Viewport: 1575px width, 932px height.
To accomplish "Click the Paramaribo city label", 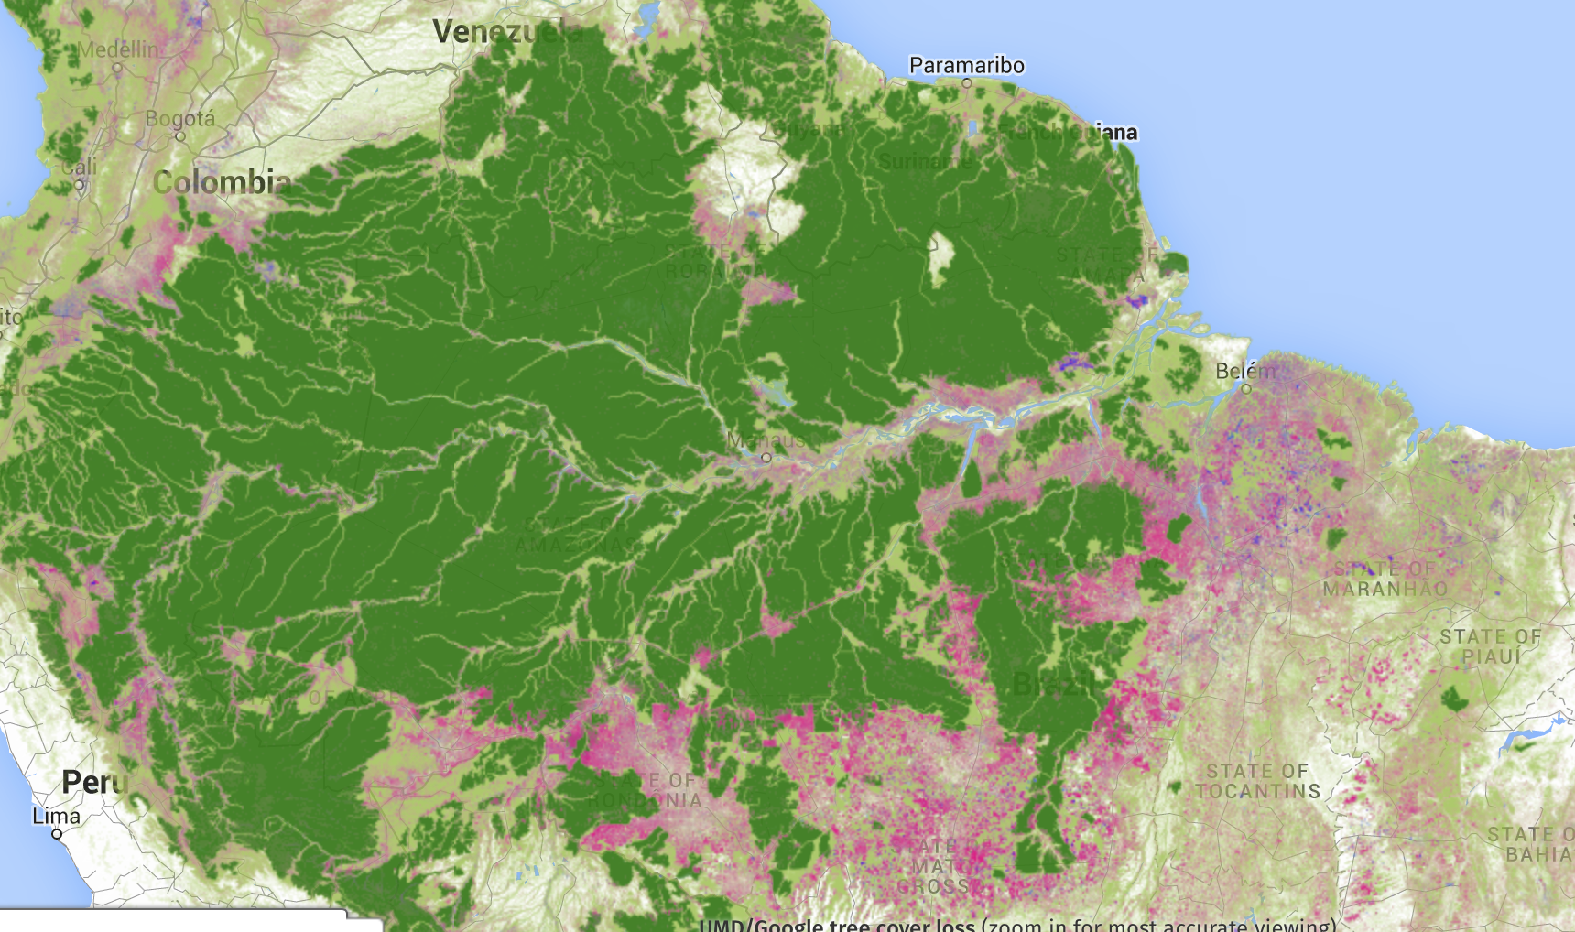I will (966, 65).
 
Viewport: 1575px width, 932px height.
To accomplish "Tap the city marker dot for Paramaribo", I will (967, 83).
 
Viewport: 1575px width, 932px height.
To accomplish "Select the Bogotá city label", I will (180, 118).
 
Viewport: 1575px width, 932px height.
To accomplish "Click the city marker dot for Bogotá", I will (180, 136).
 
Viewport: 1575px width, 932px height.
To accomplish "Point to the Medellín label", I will (118, 49).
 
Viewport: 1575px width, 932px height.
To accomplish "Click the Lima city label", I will (57, 816).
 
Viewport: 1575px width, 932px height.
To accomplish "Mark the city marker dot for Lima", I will (57, 834).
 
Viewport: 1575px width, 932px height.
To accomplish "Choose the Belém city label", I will (1245, 371).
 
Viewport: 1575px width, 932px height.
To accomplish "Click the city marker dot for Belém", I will (1246, 389).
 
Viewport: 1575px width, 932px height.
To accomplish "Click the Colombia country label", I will (222, 182).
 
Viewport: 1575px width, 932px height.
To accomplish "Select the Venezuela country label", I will (506, 32).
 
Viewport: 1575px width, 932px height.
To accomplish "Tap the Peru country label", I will (93, 782).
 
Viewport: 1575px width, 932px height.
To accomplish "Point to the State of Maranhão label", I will (1385, 579).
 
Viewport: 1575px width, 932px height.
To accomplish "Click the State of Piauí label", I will (1490, 646).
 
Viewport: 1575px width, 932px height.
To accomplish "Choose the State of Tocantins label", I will (1257, 781).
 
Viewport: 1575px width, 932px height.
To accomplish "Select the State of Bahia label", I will (1530, 844).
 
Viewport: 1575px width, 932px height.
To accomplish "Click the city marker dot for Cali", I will (80, 185).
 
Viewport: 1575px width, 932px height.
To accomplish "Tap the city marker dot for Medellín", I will (117, 68).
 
